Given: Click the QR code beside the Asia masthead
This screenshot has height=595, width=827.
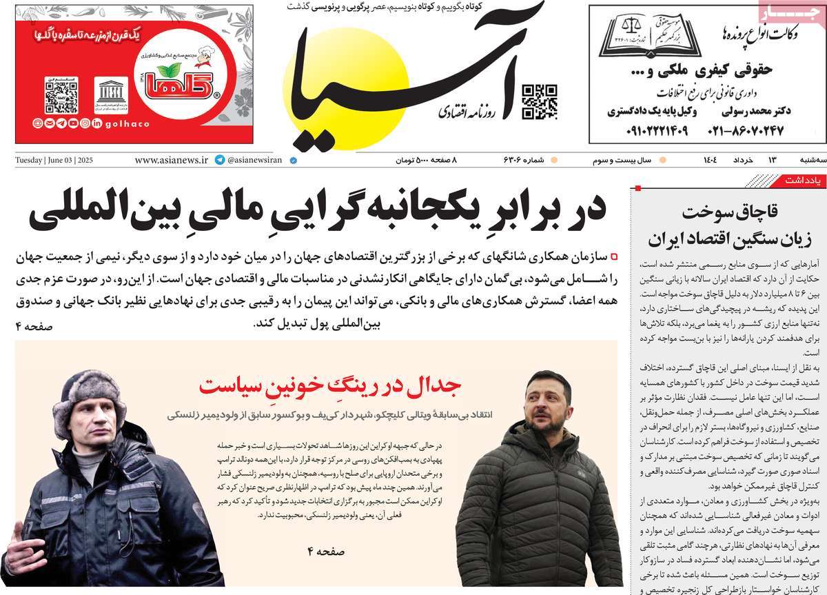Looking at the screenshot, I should [538, 101].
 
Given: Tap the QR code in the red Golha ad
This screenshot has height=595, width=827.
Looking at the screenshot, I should [61, 94].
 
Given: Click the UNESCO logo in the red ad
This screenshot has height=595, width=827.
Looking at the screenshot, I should [111, 95].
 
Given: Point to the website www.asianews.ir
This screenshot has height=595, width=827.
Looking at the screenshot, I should [171, 160].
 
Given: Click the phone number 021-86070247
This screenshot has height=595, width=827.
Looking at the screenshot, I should [749, 130].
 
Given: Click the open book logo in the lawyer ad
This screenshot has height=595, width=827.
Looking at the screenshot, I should [650, 36].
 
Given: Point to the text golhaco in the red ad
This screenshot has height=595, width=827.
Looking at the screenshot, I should [127, 123].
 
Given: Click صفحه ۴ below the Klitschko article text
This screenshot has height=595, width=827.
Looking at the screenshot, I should [326, 551].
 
